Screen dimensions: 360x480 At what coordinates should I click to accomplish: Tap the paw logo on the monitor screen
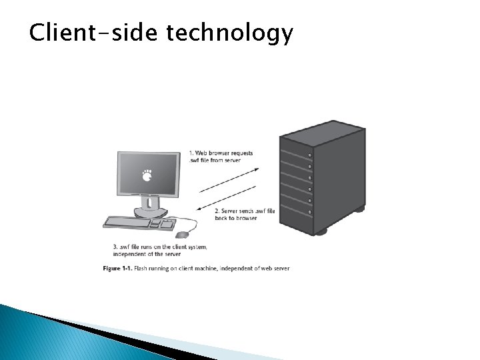[x=147, y=176]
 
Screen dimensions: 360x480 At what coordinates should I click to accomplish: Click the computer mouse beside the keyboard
[x=182, y=234]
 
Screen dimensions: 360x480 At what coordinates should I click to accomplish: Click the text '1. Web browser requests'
[x=221, y=153]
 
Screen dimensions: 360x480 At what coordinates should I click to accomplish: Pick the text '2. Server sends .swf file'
[x=245, y=211]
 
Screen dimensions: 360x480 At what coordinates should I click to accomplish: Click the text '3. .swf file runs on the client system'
[x=160, y=247]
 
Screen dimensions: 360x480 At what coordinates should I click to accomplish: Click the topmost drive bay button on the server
[x=309, y=155]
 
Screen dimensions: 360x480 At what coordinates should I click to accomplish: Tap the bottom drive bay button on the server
[x=309, y=212]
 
